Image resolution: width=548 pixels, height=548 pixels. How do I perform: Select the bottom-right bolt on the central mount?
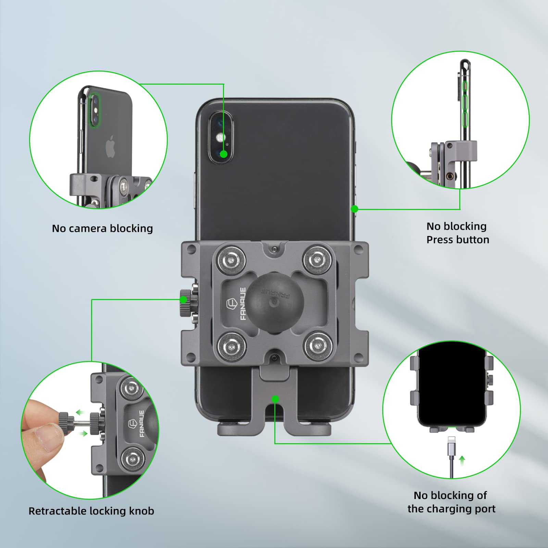point(319,347)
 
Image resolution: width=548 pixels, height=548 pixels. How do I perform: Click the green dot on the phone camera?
point(223,154)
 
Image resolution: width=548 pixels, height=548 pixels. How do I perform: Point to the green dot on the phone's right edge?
point(355,209)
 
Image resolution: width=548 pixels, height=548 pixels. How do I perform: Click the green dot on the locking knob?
point(184,300)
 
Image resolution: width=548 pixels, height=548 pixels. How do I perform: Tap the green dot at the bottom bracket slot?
point(275,399)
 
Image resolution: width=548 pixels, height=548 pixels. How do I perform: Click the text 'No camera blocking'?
point(102,228)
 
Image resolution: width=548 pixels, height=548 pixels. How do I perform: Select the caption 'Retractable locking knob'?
point(91,511)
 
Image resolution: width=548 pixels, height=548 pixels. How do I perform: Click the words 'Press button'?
point(458,240)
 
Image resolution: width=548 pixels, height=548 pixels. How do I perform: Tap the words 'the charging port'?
point(451,509)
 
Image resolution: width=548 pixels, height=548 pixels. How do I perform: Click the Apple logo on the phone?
point(110,147)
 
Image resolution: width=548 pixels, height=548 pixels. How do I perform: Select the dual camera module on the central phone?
point(221,137)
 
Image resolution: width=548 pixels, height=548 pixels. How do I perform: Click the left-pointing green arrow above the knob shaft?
point(80,412)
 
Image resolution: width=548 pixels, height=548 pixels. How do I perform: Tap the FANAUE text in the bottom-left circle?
point(141,424)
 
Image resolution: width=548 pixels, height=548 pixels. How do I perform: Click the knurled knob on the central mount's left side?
point(185,303)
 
